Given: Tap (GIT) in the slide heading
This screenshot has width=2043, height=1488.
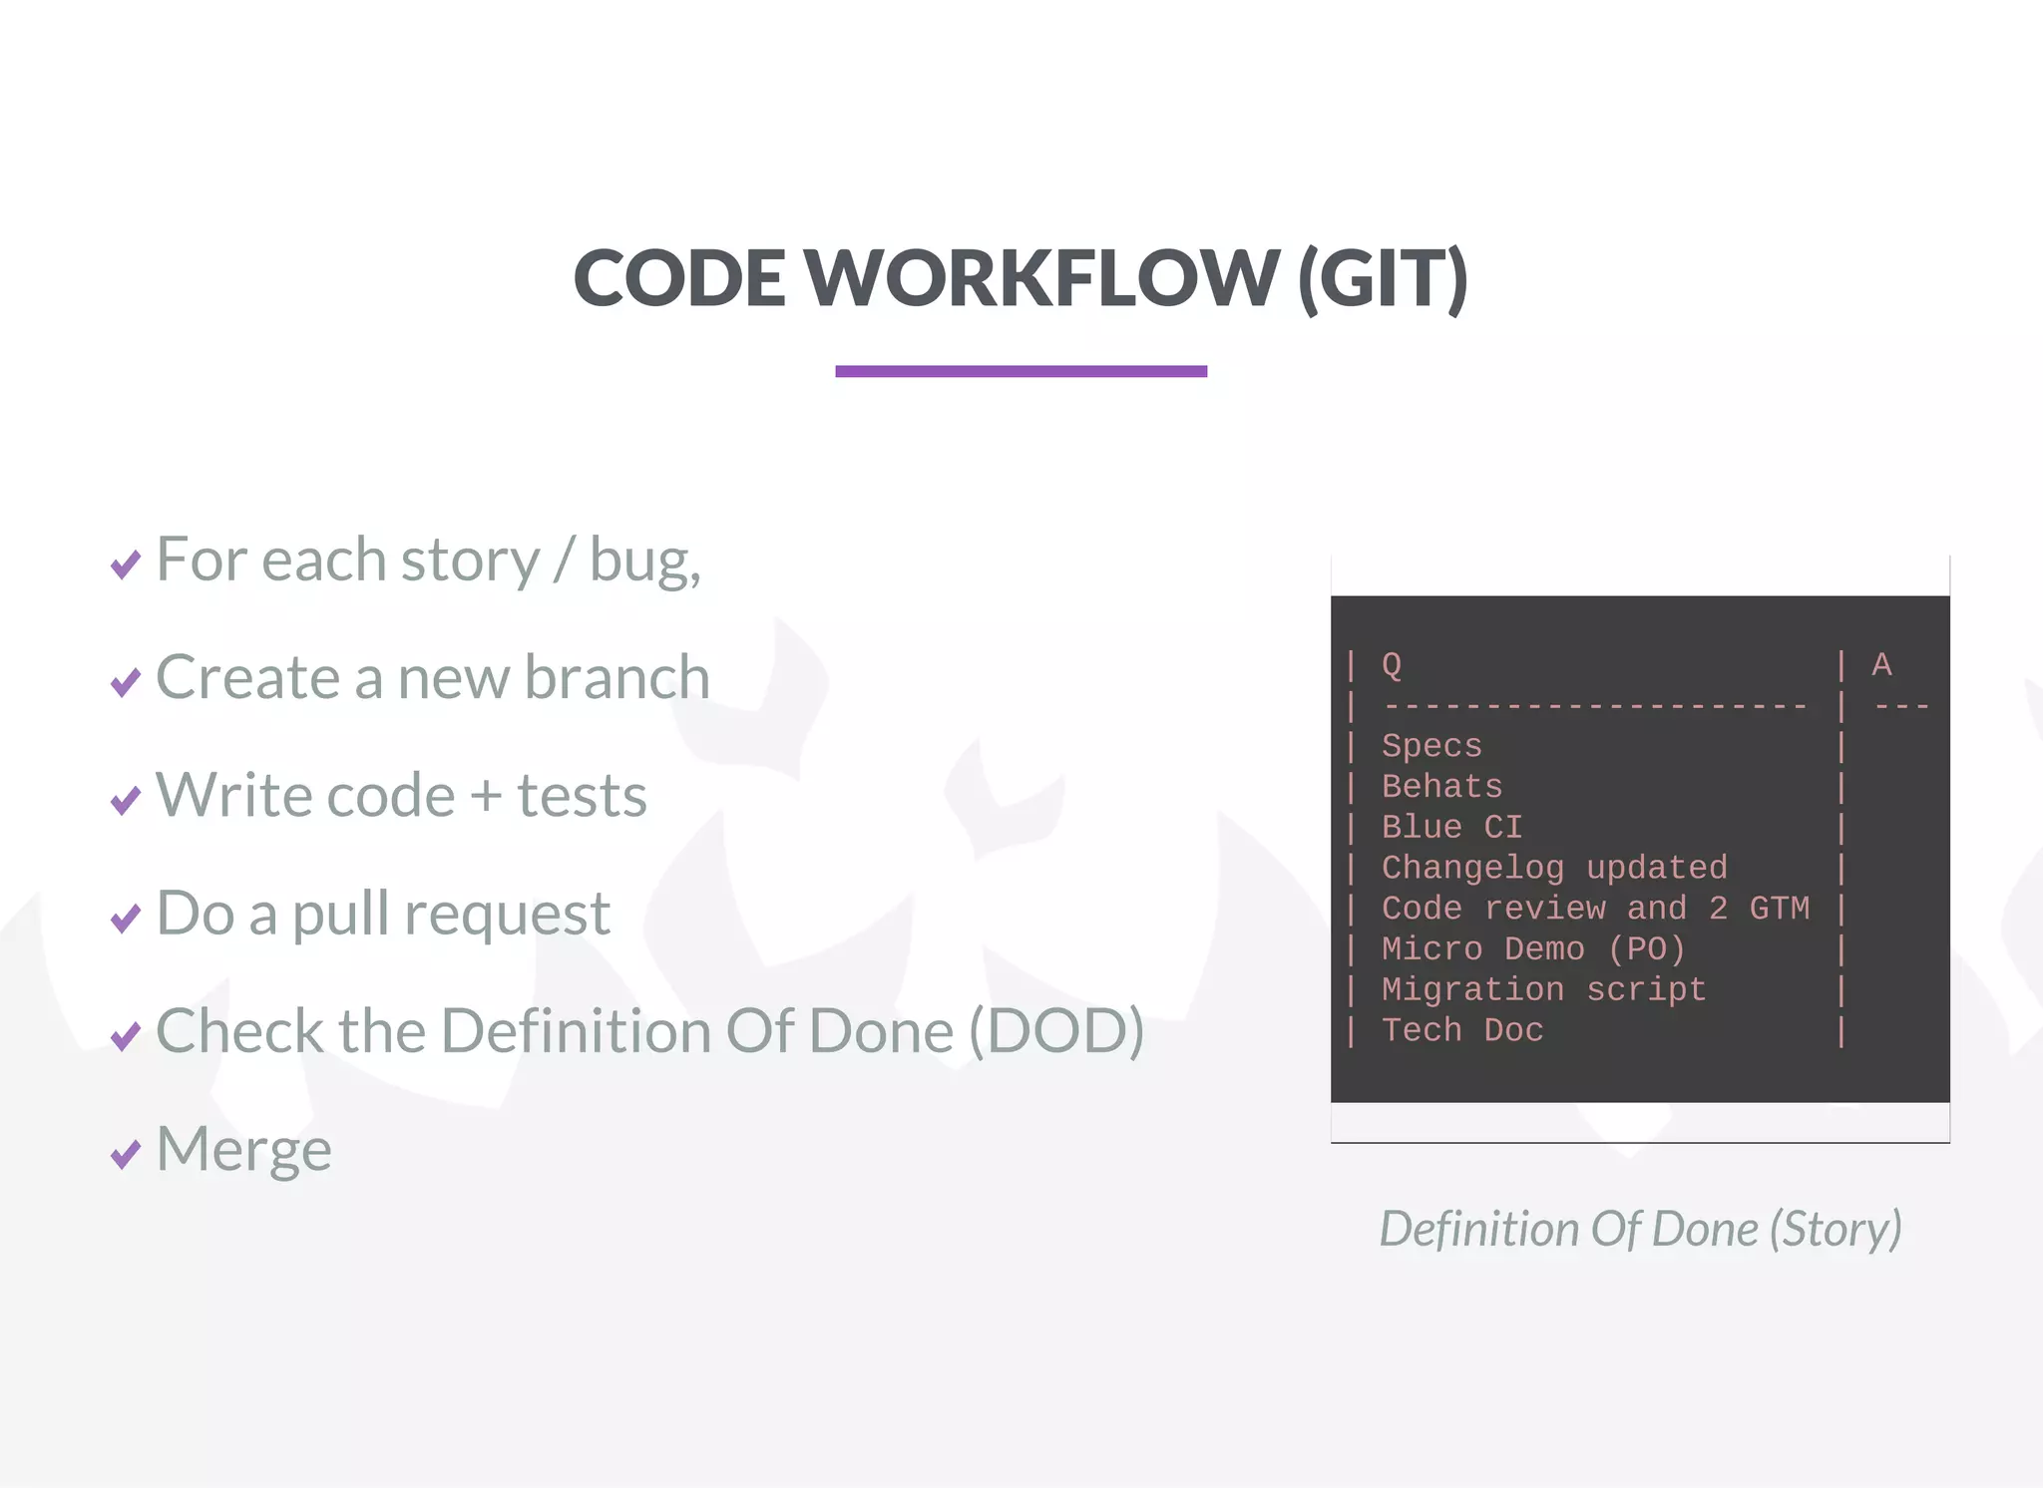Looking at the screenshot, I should tap(1383, 279).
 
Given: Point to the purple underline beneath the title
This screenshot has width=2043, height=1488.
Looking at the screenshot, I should tap(1021, 371).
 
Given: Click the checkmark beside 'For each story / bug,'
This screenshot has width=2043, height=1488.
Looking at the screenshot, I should tap(126, 564).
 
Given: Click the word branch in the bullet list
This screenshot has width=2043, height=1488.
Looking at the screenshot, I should tap(617, 677).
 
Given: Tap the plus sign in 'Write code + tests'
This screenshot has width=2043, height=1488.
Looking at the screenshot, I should tap(486, 797).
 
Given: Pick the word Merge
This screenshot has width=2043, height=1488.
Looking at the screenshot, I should tap(244, 1150).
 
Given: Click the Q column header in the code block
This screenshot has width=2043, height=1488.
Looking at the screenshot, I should tap(1392, 665).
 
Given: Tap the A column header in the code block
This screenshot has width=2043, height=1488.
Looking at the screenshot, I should tap(1881, 665).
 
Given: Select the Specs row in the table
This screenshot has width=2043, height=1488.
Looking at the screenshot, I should tap(1431, 746).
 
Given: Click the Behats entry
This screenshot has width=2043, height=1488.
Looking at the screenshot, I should tap(1441, 787).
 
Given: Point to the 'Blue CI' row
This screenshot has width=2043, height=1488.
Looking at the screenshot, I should tap(1451, 828).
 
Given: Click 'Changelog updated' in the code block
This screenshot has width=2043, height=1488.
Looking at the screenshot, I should tap(1554, 868).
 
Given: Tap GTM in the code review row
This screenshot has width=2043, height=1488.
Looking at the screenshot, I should tap(1779, 909).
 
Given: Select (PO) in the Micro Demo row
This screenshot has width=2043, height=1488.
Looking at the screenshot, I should tap(1646, 949).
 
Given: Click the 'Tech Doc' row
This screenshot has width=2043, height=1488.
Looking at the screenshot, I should tap(1462, 1030).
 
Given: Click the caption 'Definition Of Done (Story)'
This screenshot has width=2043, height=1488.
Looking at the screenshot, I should tap(1640, 1229).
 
